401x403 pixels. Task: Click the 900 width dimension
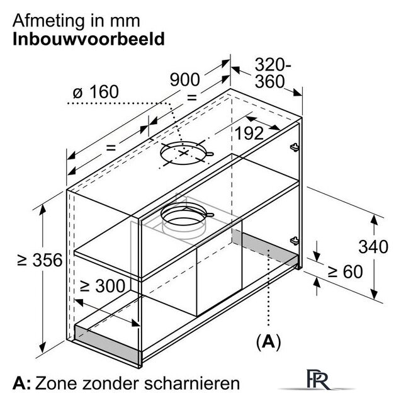pos(184,80)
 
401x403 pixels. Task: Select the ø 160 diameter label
pos(96,92)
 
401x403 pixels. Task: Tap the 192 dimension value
pos(249,133)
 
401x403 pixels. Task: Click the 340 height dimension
pos(373,247)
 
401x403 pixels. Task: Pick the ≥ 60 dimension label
pos(345,271)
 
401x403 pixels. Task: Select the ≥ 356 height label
pos(40,260)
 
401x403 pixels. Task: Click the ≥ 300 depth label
pos(103,286)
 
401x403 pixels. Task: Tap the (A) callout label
pos(269,342)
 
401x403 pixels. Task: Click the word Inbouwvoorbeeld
pos(89,39)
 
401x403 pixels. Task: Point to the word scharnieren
pos(191,383)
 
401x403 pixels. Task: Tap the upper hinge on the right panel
pos(295,147)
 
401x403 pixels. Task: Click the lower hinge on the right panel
pos(295,241)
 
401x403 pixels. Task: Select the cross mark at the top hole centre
pos(183,153)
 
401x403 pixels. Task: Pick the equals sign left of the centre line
pos(111,147)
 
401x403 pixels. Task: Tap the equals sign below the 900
pos(192,98)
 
